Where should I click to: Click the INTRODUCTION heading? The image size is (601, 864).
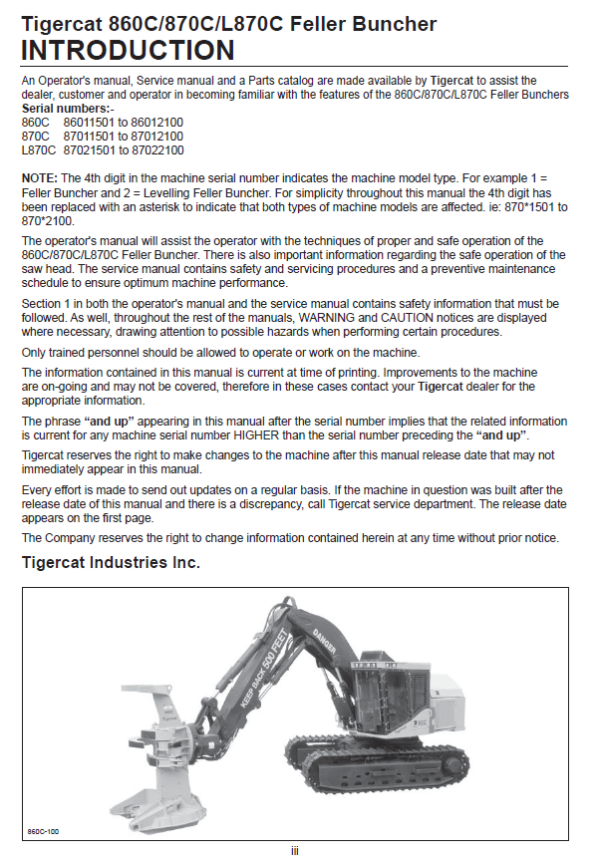tap(129, 50)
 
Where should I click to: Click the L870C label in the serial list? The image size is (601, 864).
tap(39, 150)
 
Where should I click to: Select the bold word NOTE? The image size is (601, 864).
tap(40, 176)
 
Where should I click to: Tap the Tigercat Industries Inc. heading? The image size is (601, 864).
tap(111, 564)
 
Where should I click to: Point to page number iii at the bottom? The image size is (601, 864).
tap(295, 850)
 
